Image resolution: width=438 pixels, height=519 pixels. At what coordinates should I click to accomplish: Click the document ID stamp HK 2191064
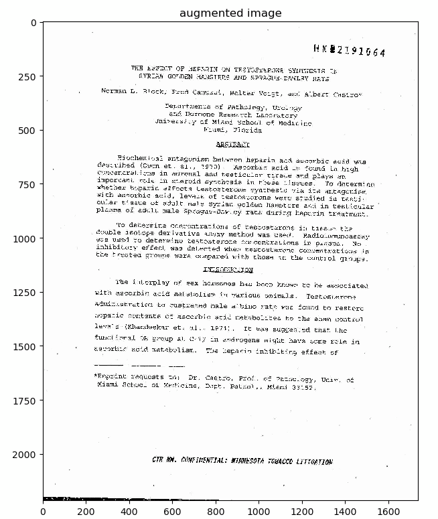348,51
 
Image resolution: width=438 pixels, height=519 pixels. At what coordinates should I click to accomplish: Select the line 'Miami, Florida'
232,131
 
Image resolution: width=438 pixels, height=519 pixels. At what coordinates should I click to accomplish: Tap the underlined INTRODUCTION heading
228,270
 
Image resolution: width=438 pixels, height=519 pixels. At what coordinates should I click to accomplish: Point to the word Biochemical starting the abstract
138,156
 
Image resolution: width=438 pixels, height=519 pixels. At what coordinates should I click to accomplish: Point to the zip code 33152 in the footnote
303,386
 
